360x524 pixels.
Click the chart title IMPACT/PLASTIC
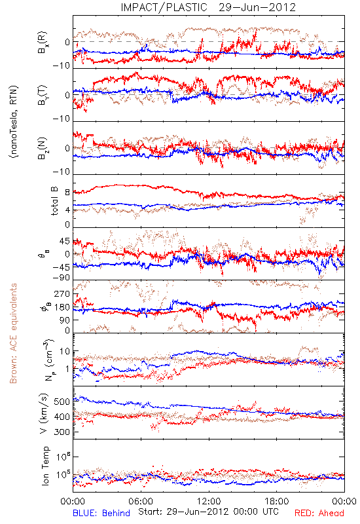pyautogui.click(x=164, y=7)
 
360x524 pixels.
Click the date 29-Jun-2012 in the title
pyautogui.click(x=257, y=7)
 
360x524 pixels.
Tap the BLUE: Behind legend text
pyautogui.click(x=101, y=513)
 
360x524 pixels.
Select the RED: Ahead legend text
pyautogui.click(x=319, y=513)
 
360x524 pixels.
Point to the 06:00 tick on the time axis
pyautogui.click(x=141, y=501)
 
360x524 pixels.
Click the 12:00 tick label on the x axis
pyautogui.click(x=209, y=501)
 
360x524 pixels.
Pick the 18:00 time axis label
pyautogui.click(x=277, y=501)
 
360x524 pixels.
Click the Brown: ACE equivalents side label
pyautogui.click(x=13, y=333)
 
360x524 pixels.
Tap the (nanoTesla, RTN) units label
pyautogui.click(x=14, y=121)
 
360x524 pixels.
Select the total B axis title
pyautogui.click(x=54, y=201)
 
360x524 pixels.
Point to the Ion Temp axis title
pyautogui.click(x=45, y=466)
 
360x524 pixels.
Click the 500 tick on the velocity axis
pyautogui.click(x=62, y=402)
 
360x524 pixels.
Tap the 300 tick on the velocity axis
pyautogui.click(x=62, y=432)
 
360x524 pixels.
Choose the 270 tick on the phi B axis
pyautogui.click(x=62, y=294)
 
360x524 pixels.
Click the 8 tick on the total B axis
pyautogui.click(x=67, y=193)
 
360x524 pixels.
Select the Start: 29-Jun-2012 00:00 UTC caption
pyautogui.click(x=208, y=512)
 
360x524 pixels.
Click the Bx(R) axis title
pyautogui.click(x=42, y=43)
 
